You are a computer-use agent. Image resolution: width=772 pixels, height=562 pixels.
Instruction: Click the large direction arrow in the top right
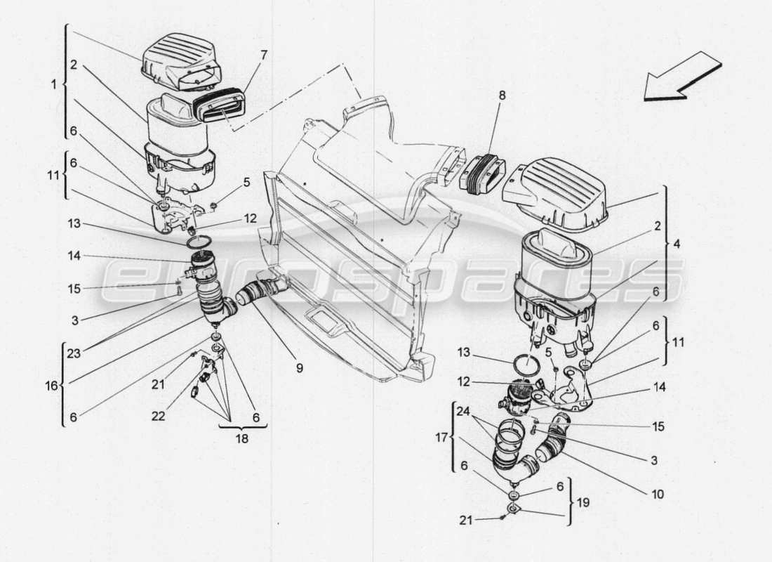pos(682,79)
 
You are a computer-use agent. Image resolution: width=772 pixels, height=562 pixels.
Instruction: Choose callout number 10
pos(657,494)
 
